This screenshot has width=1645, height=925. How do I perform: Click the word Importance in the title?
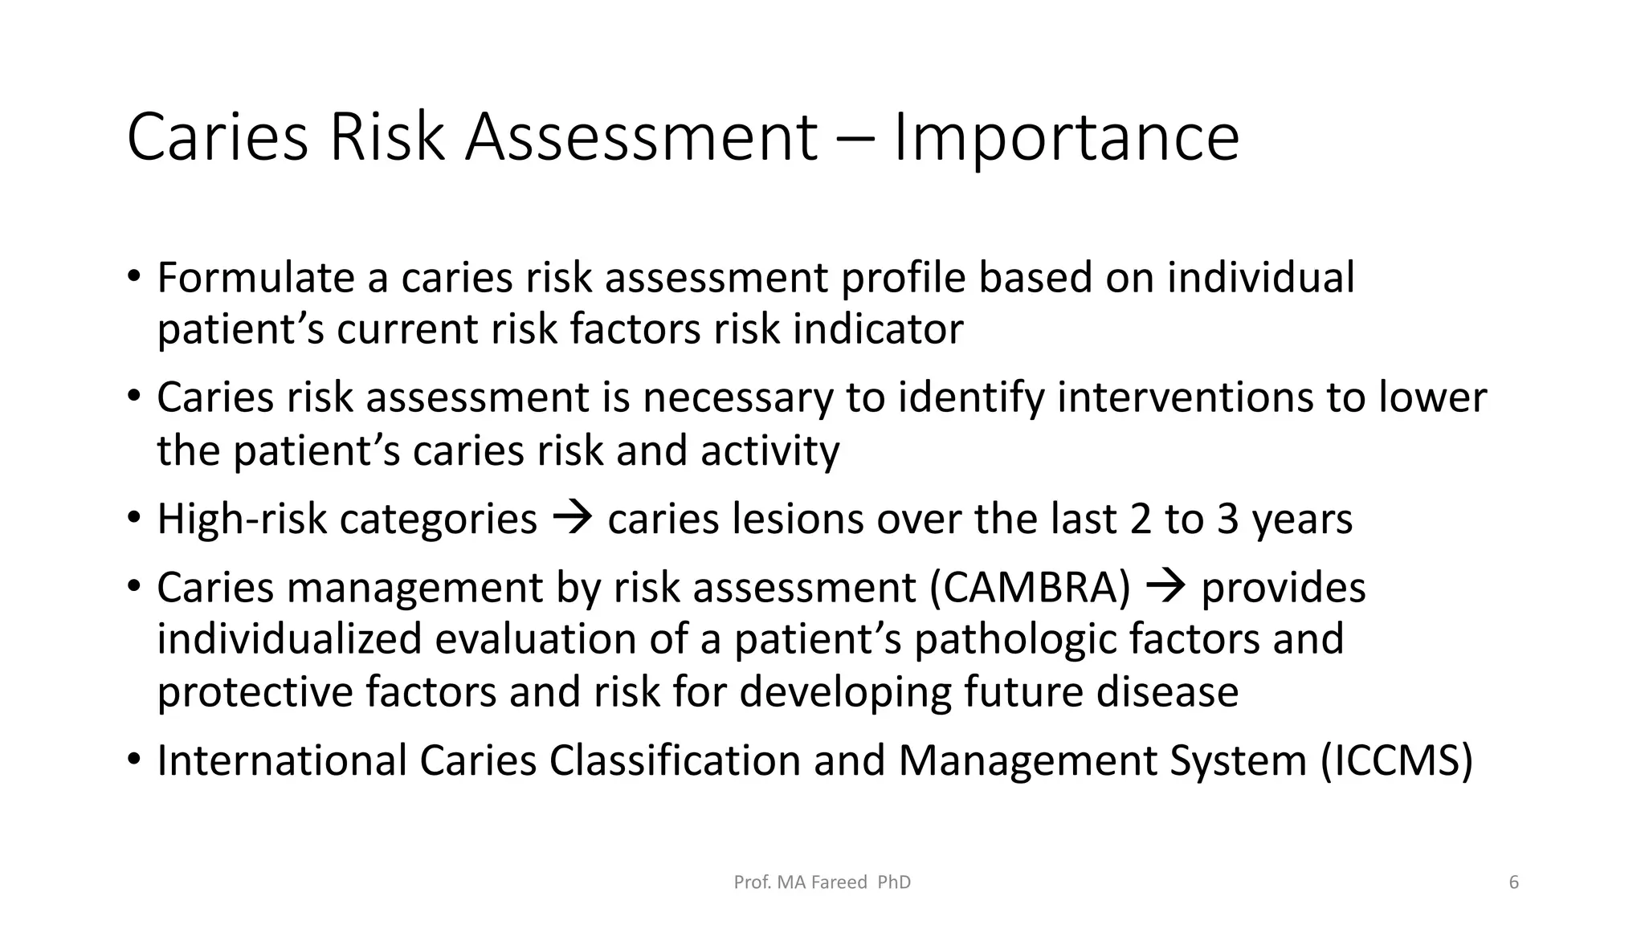[1066, 138]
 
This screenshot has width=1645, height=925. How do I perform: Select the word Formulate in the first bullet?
[255, 278]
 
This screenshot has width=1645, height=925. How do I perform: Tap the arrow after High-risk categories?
[573, 518]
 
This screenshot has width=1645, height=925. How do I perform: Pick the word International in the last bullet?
[282, 761]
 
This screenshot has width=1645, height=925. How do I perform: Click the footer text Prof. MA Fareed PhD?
[822, 882]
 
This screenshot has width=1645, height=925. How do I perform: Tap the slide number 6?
[1513, 882]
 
